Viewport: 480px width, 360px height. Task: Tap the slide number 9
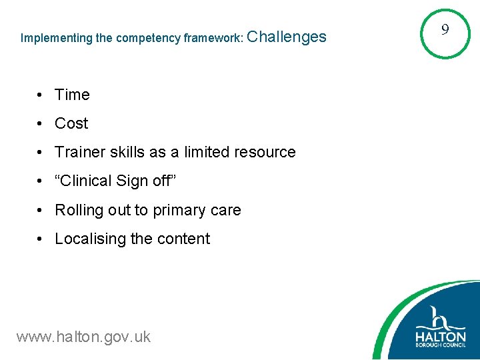tap(445, 29)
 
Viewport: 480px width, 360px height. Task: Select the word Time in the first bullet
tap(72, 95)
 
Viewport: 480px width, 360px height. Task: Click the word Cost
tap(71, 123)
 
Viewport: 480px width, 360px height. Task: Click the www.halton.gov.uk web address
tap(83, 337)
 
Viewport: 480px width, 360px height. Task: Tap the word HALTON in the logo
tap(441, 336)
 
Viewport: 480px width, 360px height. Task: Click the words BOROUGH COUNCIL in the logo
tap(441, 348)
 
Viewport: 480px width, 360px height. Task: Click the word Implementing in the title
tap(56, 38)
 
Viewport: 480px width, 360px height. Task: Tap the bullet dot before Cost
tap(41, 124)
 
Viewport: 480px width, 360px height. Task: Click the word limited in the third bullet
tap(201, 152)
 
